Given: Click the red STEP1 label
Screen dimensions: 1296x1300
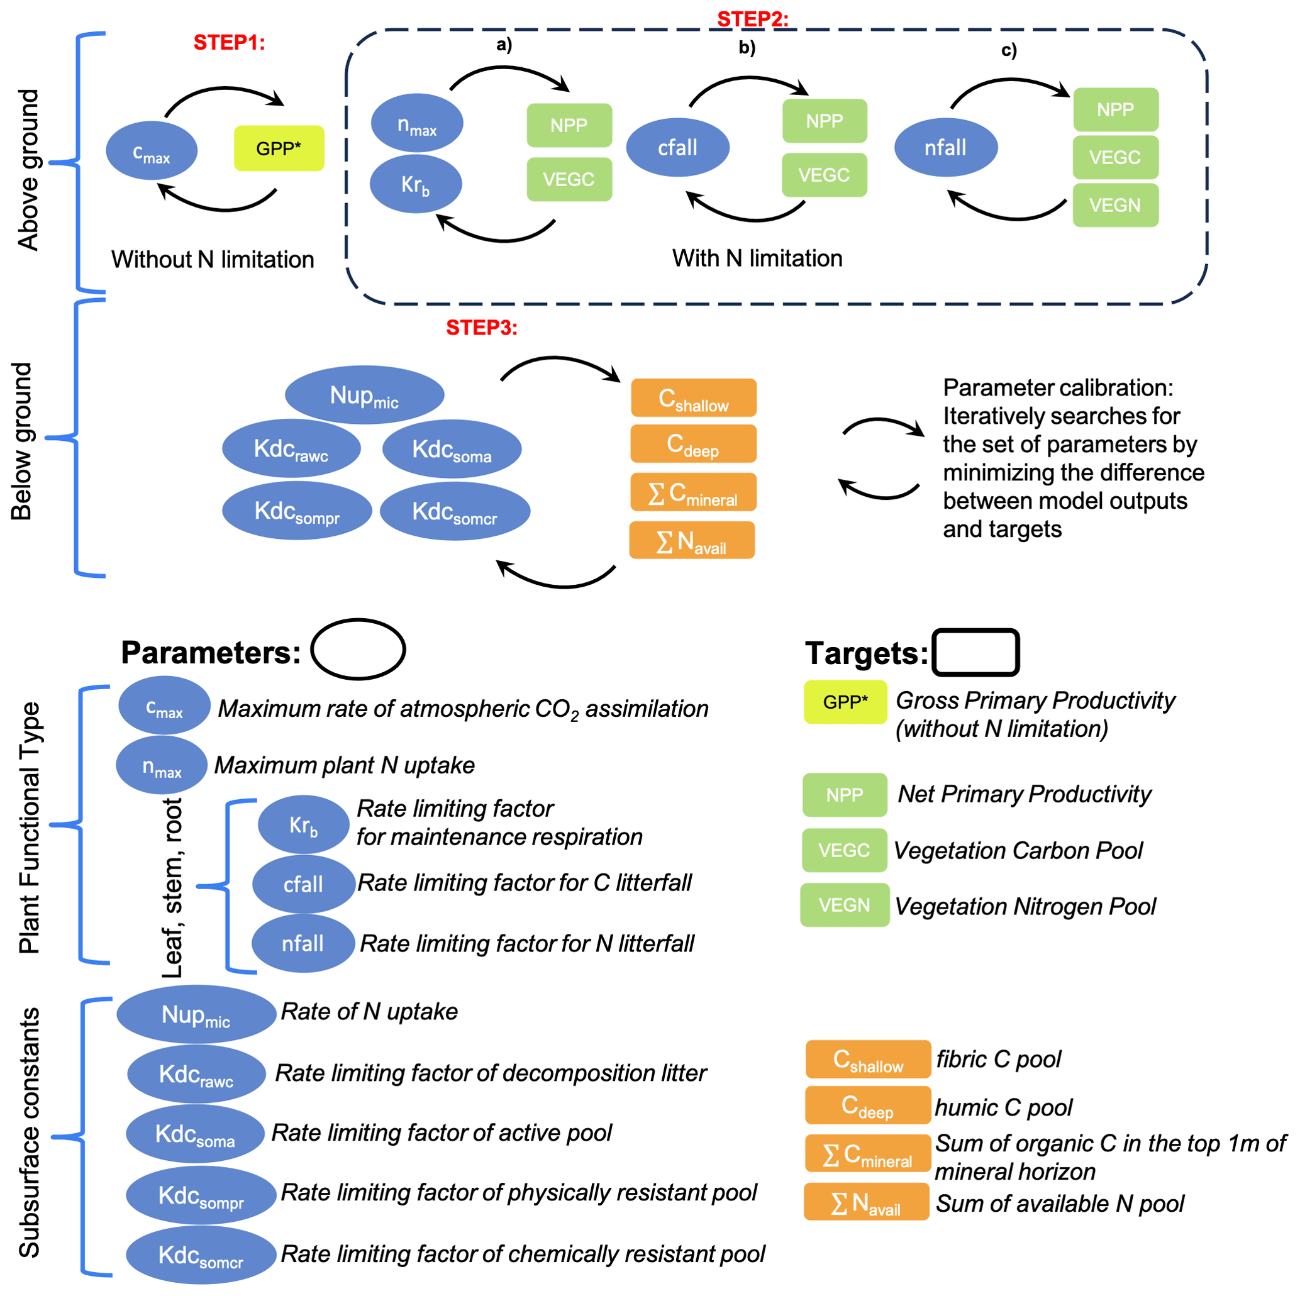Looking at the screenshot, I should [x=229, y=42].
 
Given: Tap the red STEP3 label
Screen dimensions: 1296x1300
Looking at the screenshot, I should [x=481, y=328].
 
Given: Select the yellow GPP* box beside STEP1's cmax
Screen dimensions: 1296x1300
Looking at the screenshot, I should [x=279, y=148].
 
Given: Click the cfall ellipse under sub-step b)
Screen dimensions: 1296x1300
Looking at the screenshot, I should [x=677, y=147].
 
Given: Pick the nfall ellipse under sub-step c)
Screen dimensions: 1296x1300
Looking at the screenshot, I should [x=945, y=147].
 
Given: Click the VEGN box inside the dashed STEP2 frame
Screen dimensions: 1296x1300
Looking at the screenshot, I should [x=1114, y=205].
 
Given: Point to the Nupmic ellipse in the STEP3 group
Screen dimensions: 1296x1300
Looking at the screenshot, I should [x=364, y=395].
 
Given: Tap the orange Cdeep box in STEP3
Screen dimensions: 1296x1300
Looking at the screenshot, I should [x=692, y=444].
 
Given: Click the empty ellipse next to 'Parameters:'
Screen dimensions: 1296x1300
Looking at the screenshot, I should [x=358, y=649].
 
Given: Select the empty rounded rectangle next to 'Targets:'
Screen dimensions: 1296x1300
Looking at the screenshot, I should [x=975, y=652].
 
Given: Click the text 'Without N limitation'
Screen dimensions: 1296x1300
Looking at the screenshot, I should [x=213, y=259].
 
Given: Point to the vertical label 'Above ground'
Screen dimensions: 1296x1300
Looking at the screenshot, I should [x=28, y=170].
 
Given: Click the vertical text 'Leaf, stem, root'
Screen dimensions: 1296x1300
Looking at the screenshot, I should [x=172, y=887].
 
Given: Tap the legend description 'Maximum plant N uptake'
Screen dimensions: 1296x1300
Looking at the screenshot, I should [x=345, y=765].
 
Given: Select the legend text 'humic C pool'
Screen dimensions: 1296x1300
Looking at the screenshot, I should [x=1003, y=1107].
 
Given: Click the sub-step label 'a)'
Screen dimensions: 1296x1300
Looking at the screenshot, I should [x=504, y=45].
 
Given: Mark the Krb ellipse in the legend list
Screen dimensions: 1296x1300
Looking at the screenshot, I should [x=304, y=824].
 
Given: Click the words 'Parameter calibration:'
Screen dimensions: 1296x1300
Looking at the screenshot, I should [x=1057, y=387].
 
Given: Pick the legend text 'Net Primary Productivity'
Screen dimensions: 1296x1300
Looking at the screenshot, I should [x=1023, y=794].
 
